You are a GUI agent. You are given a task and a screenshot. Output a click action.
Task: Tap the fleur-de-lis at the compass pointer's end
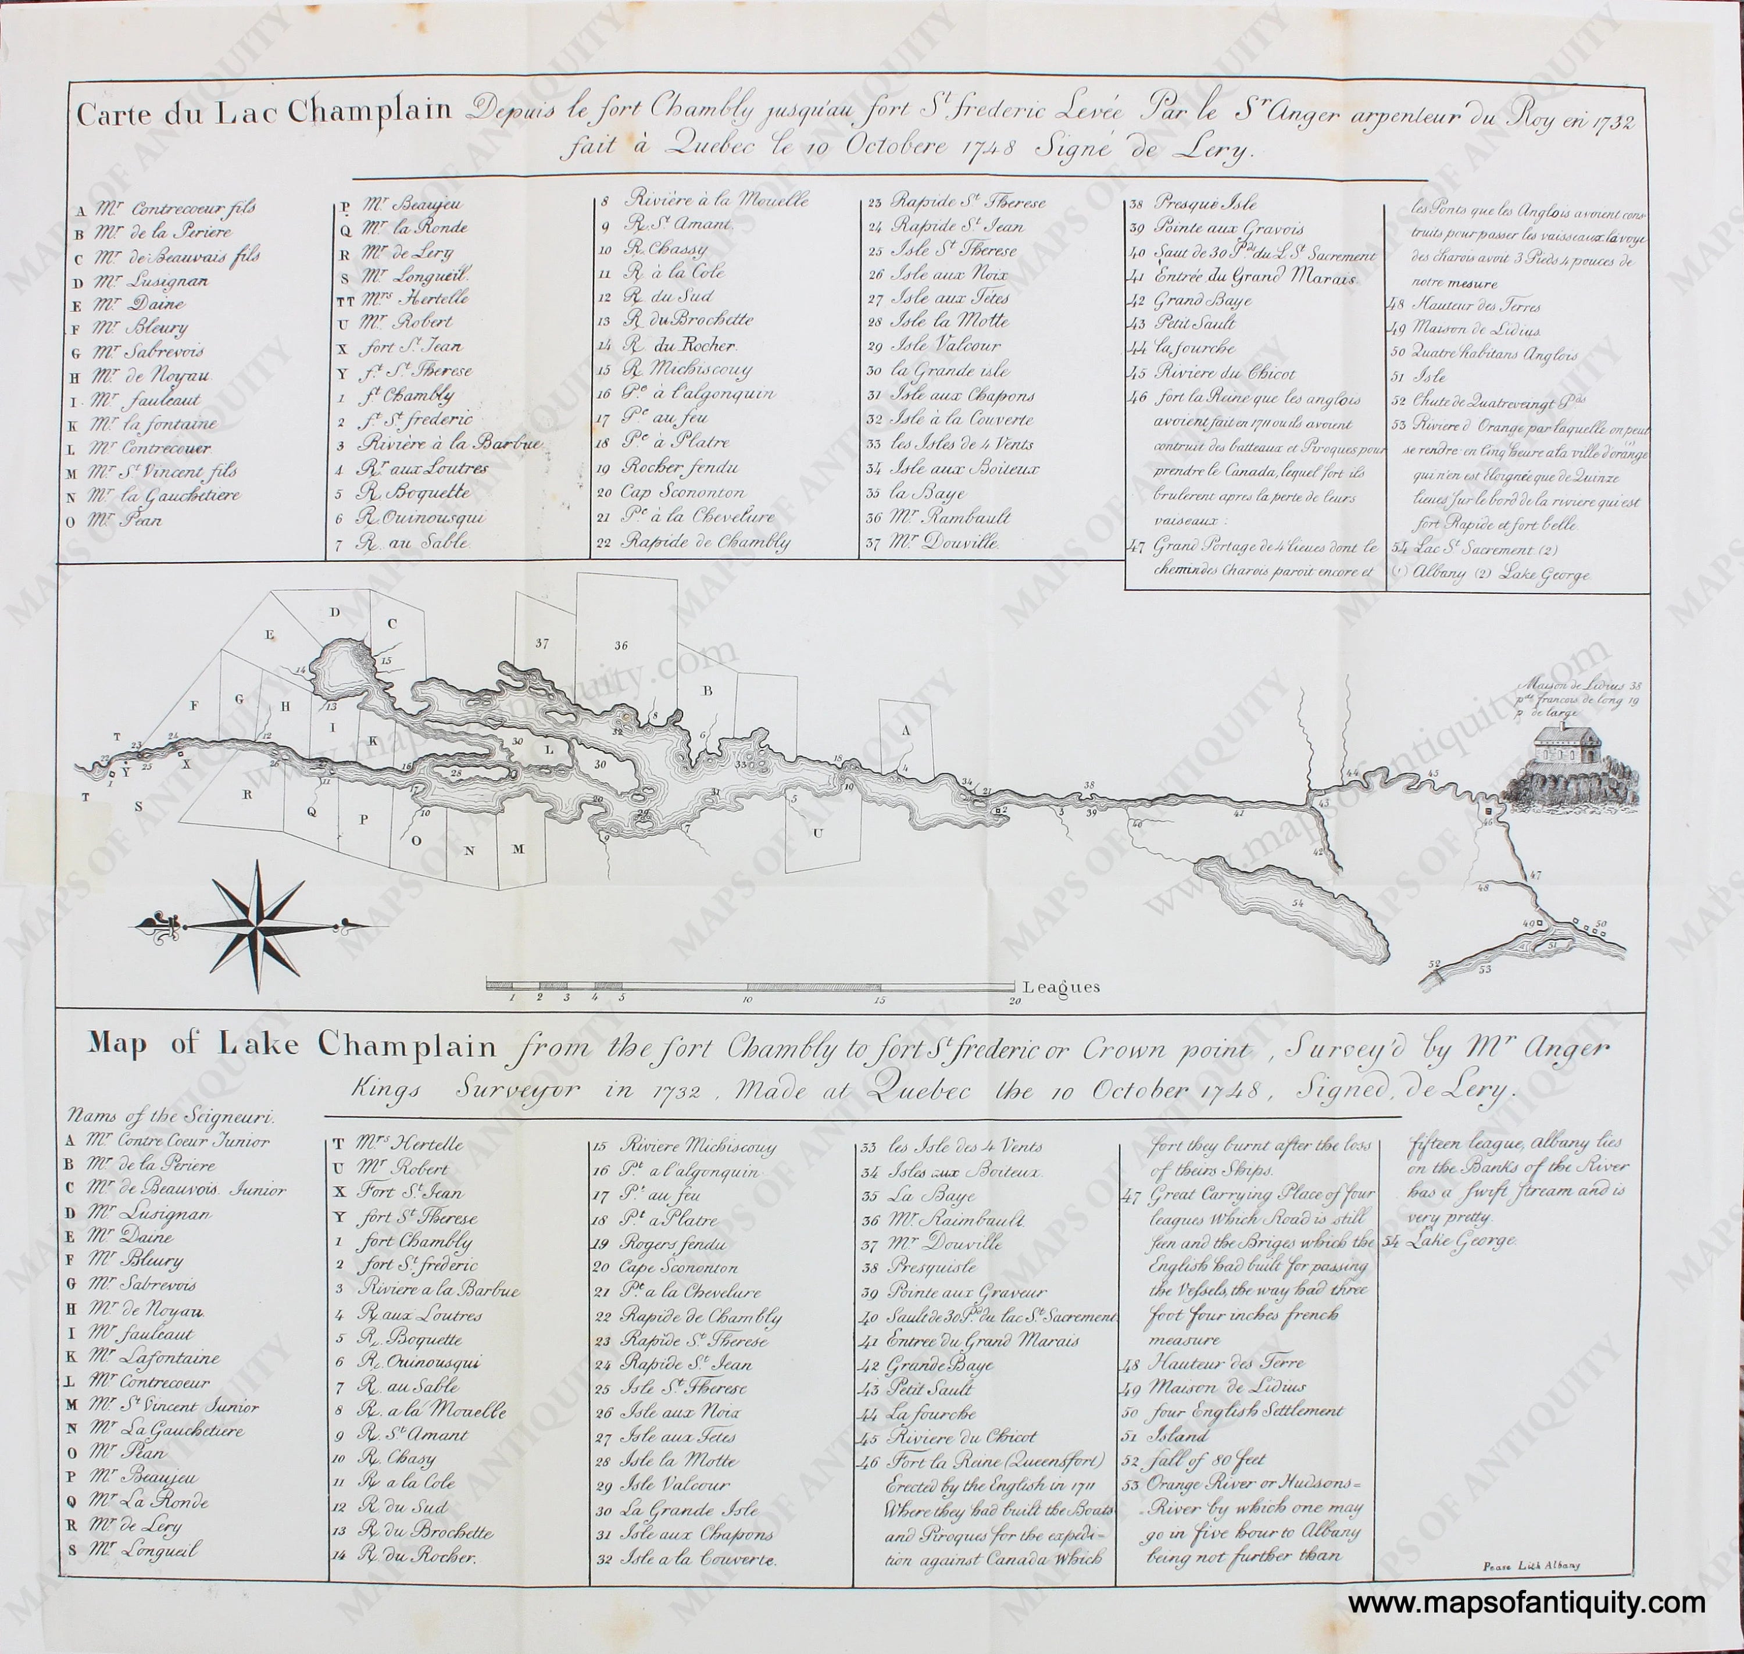pyautogui.click(x=158, y=924)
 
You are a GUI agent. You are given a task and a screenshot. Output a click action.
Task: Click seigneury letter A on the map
pyautogui.click(x=904, y=731)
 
